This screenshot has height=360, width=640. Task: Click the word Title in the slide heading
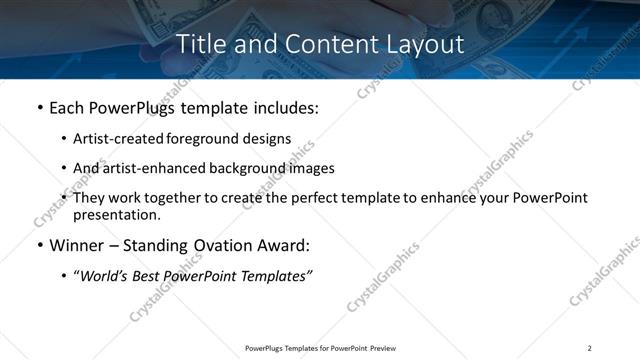coord(201,44)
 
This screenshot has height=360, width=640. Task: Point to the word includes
coord(282,107)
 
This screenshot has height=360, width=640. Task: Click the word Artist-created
coord(113,139)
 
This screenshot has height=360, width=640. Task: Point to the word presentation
coord(116,214)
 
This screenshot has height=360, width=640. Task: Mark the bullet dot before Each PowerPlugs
coord(39,107)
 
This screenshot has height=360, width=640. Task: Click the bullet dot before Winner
coord(39,245)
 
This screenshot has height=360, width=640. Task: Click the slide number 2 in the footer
coord(589,348)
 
